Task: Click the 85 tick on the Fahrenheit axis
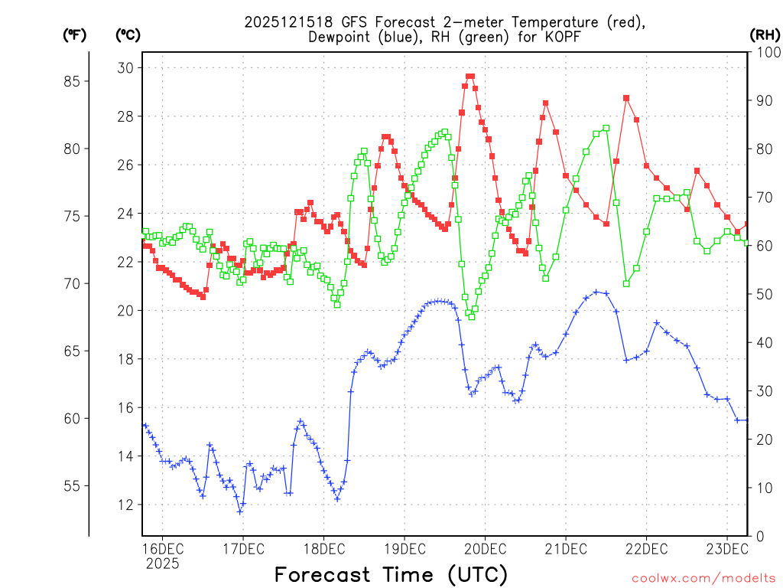click(x=77, y=81)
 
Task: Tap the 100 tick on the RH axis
click(x=765, y=52)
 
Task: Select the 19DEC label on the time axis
click(x=404, y=548)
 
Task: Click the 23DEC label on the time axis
click(x=726, y=548)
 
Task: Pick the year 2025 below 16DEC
click(x=162, y=564)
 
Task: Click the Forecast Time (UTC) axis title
click(x=391, y=573)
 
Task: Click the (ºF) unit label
click(x=74, y=34)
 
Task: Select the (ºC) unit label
click(x=128, y=34)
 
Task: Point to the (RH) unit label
click(x=765, y=34)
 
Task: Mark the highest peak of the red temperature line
click(x=470, y=76)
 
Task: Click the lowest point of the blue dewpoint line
click(x=239, y=511)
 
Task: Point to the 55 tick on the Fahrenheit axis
click(x=77, y=485)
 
